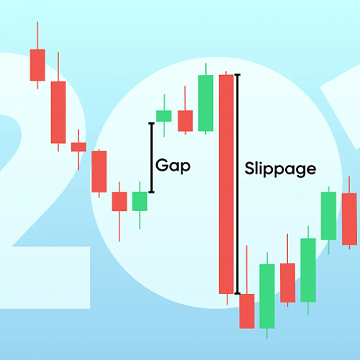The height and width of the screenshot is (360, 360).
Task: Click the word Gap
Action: (173, 166)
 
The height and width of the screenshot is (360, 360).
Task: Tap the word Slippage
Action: (280, 169)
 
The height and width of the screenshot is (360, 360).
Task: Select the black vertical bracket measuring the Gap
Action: (151, 158)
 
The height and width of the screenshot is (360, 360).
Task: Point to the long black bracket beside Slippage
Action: (238, 184)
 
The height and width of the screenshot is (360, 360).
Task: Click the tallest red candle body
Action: (226, 184)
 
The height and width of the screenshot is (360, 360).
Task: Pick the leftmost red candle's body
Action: (37, 65)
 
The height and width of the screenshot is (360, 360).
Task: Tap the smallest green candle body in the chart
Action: (164, 116)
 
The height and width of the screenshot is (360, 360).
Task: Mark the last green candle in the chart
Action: (328, 216)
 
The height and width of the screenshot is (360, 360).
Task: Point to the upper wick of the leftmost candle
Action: (37, 35)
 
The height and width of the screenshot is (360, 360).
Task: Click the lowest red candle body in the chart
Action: (247, 311)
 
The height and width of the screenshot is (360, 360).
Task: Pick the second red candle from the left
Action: (58, 112)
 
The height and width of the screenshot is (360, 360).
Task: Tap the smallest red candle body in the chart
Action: (78, 147)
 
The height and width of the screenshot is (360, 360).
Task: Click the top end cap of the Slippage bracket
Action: (238, 75)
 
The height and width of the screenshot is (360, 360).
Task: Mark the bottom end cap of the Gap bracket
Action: (151, 192)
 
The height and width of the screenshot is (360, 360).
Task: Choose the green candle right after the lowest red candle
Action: (267, 296)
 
